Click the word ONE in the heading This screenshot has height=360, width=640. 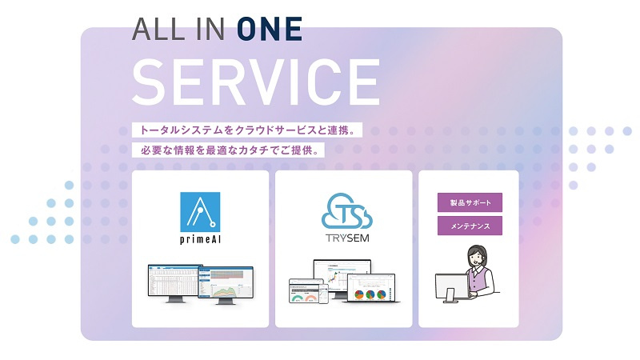click(x=270, y=29)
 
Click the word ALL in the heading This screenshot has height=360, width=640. click(x=158, y=29)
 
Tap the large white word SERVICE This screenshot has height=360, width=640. click(x=256, y=82)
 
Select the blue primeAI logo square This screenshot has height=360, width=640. click(x=200, y=212)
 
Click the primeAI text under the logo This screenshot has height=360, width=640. click(x=201, y=239)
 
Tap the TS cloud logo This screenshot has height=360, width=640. click(x=347, y=211)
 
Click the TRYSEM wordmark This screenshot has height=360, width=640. click(x=347, y=238)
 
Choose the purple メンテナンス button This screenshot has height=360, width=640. click(x=470, y=226)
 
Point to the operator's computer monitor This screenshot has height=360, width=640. click(x=452, y=287)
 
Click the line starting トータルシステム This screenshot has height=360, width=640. click(x=247, y=130)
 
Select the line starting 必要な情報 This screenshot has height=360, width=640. click(x=228, y=150)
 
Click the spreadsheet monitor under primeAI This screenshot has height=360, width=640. click(x=174, y=282)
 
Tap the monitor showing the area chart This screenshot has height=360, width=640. click(x=226, y=285)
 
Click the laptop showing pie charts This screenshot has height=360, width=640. click(x=372, y=288)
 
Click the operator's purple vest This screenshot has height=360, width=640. click(x=478, y=281)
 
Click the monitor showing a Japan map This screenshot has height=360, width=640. click(x=342, y=275)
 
